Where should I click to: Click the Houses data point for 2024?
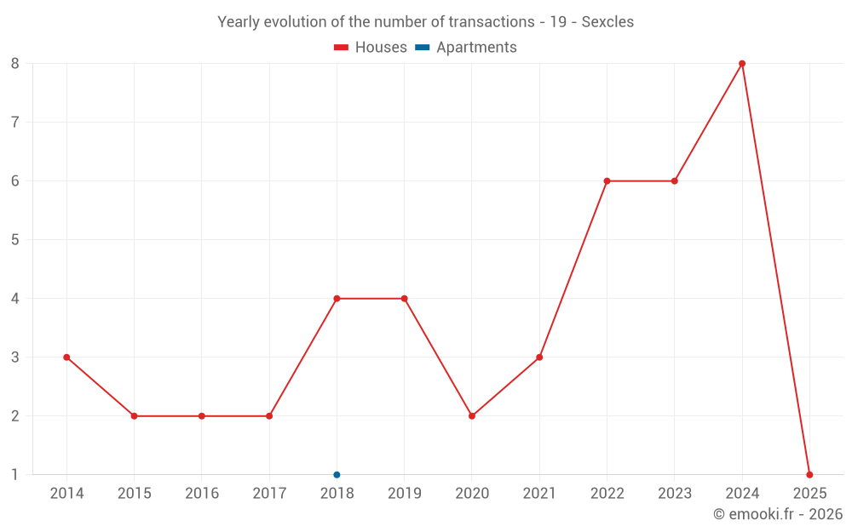(742, 64)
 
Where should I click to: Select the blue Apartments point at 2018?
(337, 475)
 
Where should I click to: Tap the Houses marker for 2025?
(809, 475)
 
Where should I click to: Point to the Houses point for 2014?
(66, 358)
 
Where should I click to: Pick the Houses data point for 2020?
(472, 416)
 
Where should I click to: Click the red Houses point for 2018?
(337, 299)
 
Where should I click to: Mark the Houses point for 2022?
(607, 181)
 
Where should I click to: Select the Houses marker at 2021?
(539, 358)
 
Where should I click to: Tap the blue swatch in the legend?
(423, 48)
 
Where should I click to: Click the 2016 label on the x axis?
(202, 494)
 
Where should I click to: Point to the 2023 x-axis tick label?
(674, 494)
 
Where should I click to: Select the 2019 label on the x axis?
(404, 494)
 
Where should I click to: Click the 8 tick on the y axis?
(15, 64)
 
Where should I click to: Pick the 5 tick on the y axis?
(15, 240)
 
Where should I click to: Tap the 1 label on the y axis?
(15, 475)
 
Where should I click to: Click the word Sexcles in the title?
(607, 22)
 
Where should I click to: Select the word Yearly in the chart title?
(239, 22)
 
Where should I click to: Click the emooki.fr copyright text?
(778, 514)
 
